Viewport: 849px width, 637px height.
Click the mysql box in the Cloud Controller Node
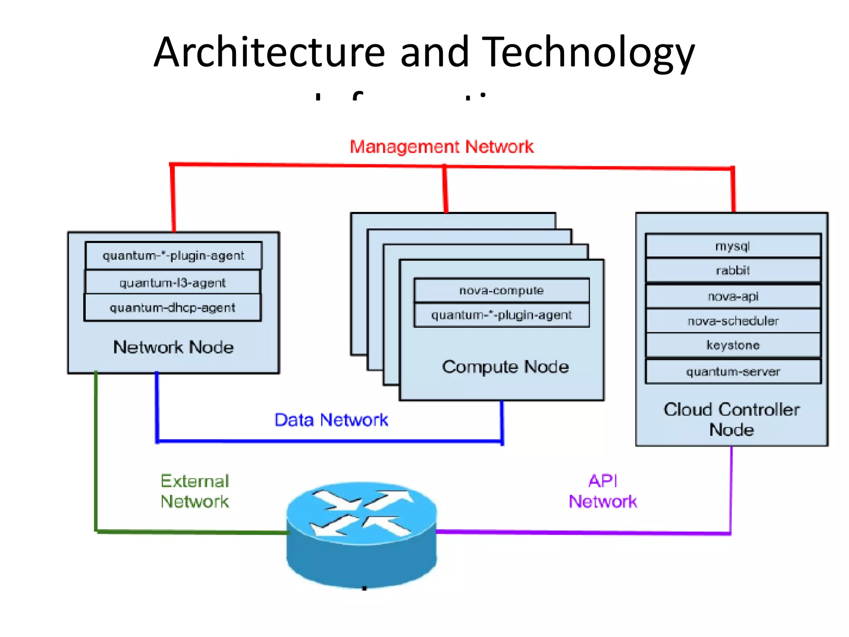pos(733,246)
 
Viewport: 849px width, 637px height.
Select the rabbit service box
pos(733,270)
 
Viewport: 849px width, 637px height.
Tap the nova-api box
pos(733,296)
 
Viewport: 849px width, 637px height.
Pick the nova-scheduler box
pos(733,321)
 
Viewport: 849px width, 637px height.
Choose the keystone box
pos(733,345)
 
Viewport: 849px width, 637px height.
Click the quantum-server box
pos(733,372)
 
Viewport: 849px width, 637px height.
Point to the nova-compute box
pos(501,290)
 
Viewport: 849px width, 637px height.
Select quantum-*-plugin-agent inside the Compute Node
pos(501,315)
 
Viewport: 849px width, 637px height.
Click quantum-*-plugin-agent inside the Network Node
pos(173,255)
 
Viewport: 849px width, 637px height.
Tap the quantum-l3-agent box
pos(172,283)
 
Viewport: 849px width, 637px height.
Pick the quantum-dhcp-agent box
pos(172,308)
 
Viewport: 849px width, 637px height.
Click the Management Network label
pos(441,147)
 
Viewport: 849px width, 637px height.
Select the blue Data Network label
pos(331,420)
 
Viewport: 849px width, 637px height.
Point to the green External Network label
pos(195,491)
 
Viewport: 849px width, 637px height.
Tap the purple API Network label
pos(602,491)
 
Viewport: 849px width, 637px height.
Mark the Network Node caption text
pos(173,347)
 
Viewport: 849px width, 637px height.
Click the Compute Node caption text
pos(505,367)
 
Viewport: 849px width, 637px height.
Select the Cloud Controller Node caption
pos(731,419)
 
